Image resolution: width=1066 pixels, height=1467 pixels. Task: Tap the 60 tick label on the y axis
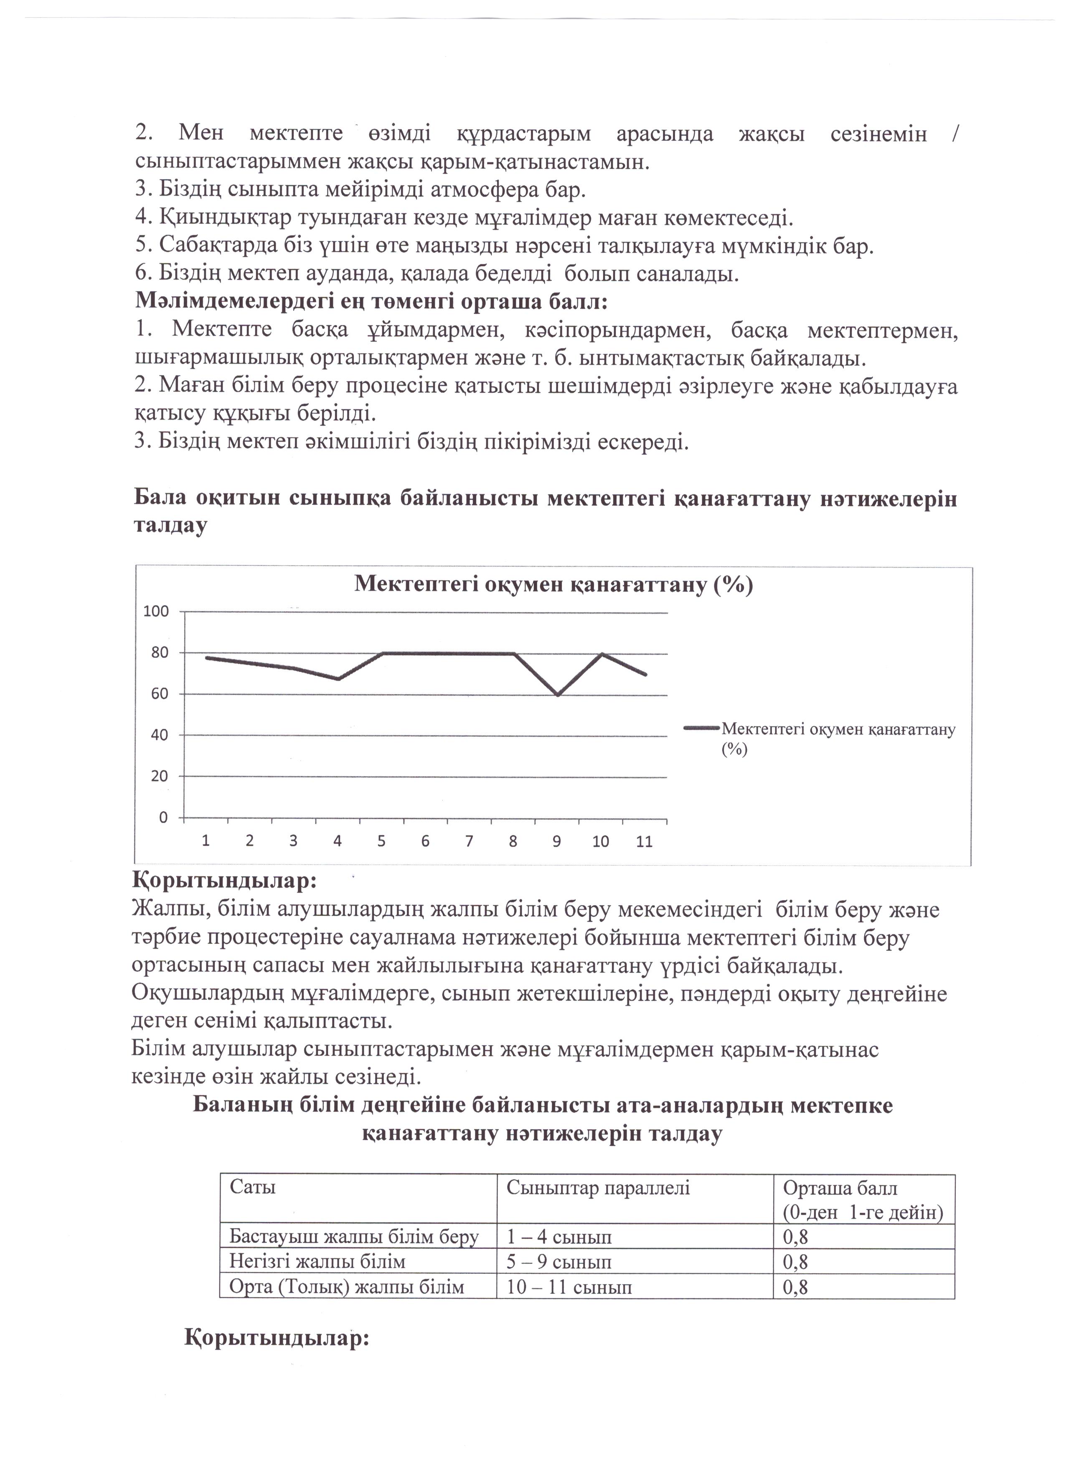click(x=159, y=694)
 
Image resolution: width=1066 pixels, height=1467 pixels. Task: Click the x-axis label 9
click(x=556, y=841)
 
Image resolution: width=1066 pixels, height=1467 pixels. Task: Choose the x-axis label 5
click(x=381, y=841)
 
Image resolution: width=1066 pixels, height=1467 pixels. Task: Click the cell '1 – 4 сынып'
click(x=559, y=1238)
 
